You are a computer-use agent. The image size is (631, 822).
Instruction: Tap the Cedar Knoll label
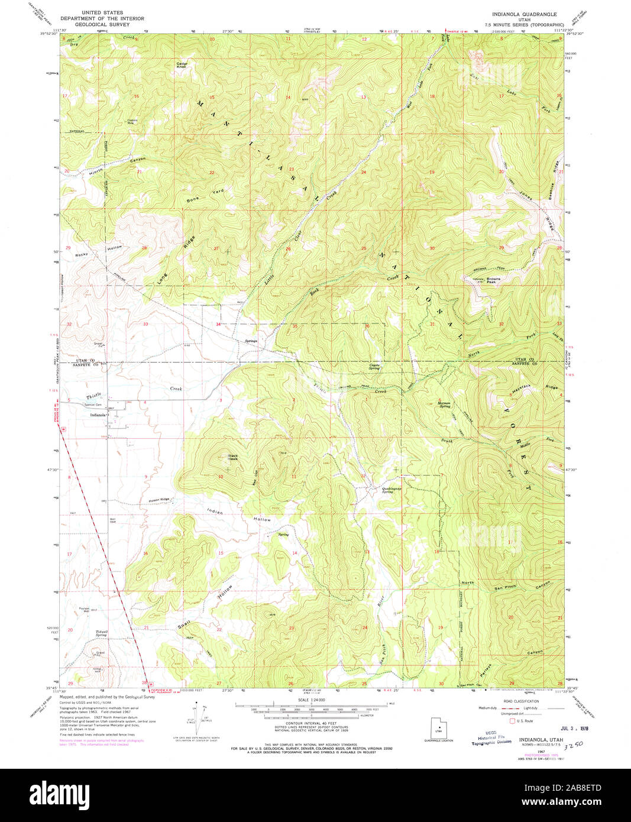click(182, 65)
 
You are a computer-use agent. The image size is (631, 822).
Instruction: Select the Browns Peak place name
click(493, 280)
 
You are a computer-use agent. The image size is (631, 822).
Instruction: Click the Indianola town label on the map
click(98, 415)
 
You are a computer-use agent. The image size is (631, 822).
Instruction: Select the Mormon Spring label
click(444, 405)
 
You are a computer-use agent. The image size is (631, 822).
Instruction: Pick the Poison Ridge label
click(159, 500)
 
